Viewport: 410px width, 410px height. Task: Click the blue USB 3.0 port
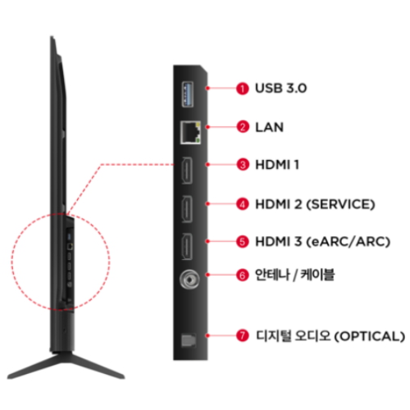188,94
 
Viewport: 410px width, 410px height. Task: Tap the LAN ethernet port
190,133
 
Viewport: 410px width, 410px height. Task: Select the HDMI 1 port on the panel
187,171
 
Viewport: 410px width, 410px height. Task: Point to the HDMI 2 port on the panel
187,209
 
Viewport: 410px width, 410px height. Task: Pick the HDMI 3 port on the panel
187,247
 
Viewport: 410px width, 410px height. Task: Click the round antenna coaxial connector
189,279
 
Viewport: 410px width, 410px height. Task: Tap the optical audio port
189,340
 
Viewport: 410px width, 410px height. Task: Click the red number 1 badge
243,89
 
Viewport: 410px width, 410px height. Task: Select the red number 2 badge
243,127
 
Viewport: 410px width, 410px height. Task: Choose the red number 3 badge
243,165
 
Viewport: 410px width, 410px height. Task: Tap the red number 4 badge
243,204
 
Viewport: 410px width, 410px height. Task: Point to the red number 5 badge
243,242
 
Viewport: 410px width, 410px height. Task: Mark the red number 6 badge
243,275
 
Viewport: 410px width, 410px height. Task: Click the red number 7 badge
243,335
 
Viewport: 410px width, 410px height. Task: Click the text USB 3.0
281,89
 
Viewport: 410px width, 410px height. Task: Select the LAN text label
270,127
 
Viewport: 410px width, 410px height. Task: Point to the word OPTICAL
370,336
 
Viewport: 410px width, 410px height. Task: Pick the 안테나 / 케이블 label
295,275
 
